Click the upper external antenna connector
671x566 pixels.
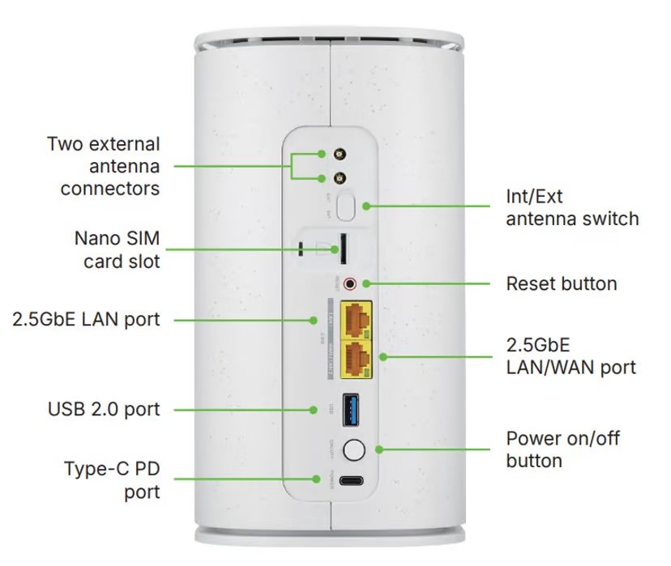(x=322, y=154)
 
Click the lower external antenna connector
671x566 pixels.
(x=322, y=179)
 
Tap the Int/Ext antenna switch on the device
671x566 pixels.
(x=348, y=206)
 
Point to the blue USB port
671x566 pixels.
(x=353, y=410)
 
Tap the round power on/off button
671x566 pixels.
(x=353, y=449)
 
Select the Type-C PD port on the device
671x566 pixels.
(x=353, y=479)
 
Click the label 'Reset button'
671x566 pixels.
(x=562, y=283)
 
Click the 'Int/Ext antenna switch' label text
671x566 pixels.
(x=572, y=208)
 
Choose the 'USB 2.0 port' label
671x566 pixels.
(x=104, y=409)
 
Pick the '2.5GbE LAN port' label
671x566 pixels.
(x=86, y=320)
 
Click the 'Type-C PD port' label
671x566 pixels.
(x=112, y=480)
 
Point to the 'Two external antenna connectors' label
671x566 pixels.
(x=103, y=166)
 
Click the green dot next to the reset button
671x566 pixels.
(x=365, y=283)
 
